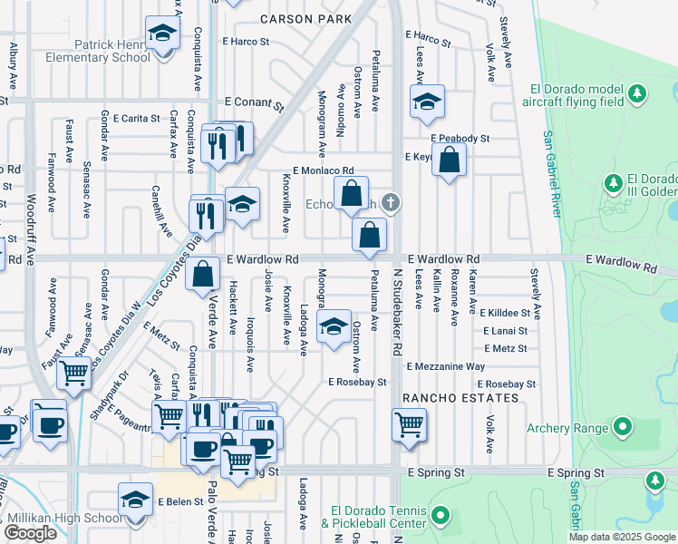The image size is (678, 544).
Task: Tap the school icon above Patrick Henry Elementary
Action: tap(162, 35)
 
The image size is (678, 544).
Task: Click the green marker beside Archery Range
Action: tap(623, 425)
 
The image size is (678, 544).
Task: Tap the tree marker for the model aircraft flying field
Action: tap(638, 93)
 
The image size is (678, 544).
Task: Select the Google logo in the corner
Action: tap(31, 533)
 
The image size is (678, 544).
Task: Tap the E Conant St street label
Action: tap(249, 102)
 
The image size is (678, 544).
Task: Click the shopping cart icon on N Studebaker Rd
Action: tap(410, 423)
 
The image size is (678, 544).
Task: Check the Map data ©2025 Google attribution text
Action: tap(622, 536)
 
